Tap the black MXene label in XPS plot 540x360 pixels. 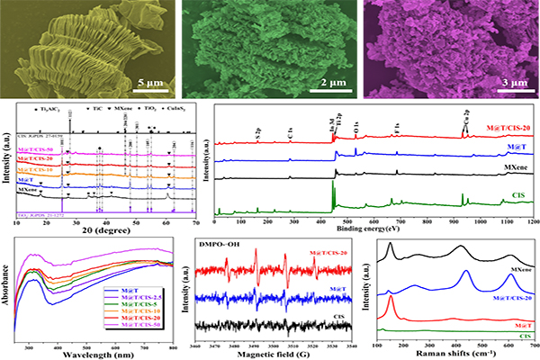(509, 167)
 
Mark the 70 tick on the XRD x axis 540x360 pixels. (194, 221)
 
